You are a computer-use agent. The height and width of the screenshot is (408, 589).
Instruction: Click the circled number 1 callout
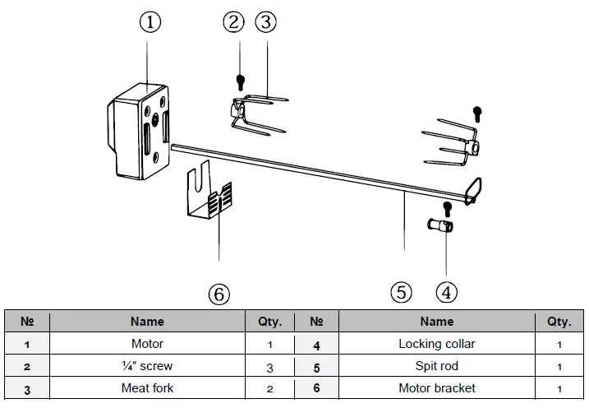point(149,22)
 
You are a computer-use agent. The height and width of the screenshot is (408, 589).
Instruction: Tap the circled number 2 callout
point(234,22)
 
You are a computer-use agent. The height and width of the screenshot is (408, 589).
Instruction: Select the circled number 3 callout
point(265,22)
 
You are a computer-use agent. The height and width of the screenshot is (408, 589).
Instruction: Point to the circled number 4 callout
point(446,291)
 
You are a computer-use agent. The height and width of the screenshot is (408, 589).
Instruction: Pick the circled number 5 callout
point(401,291)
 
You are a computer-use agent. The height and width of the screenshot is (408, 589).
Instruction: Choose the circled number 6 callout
point(219,294)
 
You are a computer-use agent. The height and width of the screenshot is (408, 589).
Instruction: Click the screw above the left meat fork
point(240,82)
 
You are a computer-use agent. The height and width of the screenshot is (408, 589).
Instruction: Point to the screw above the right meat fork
point(476,112)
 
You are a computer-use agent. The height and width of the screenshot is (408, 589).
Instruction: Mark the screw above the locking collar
point(446,206)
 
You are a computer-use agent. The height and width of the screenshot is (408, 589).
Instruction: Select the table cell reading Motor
point(147,344)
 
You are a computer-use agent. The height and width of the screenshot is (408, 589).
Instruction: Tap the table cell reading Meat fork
point(147,387)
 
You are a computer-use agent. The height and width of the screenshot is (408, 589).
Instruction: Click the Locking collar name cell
point(436,344)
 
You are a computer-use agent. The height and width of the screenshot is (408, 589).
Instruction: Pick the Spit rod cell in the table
point(436,365)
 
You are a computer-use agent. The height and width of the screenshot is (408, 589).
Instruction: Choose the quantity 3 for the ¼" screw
point(269,366)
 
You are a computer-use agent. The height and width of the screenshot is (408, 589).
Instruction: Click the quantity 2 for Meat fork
point(269,388)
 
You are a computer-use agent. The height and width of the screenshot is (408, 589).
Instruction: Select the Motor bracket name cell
point(436,387)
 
